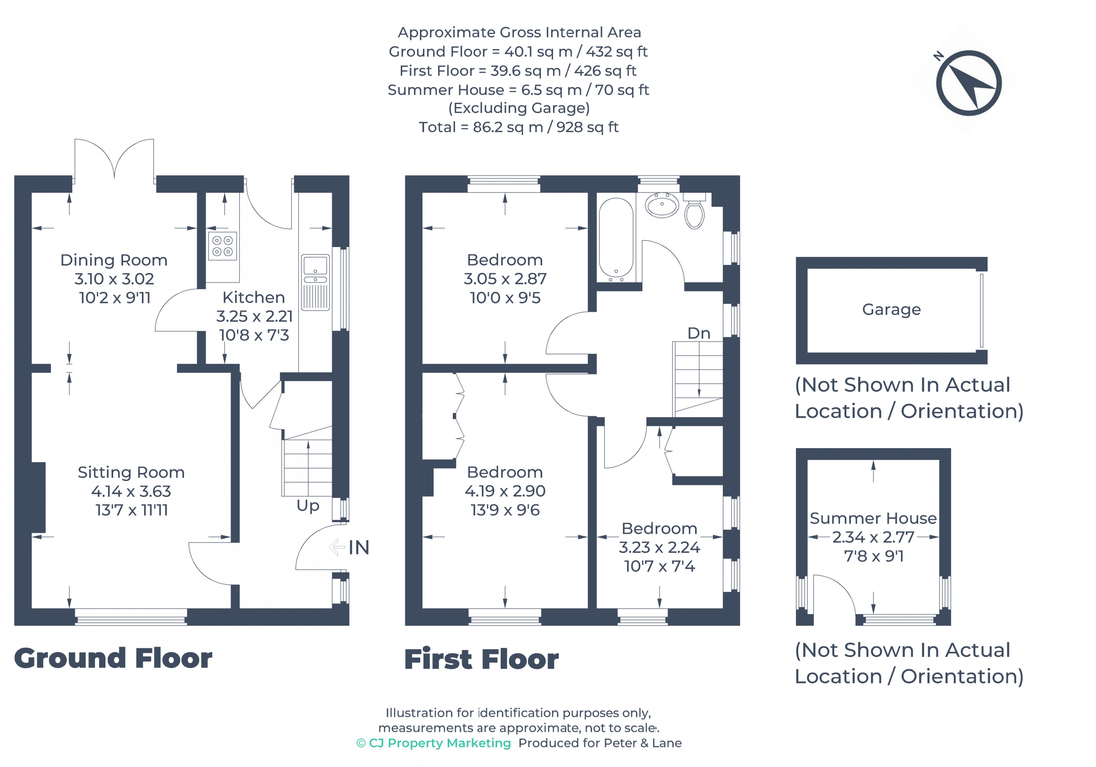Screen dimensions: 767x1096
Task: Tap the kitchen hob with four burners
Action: (222, 246)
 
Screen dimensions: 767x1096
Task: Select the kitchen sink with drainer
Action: (315, 283)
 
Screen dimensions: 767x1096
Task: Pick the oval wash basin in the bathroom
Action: (662, 205)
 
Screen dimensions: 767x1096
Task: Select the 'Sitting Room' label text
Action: (131, 472)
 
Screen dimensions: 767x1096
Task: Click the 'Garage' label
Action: (891, 309)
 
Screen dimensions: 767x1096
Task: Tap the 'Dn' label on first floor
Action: (698, 333)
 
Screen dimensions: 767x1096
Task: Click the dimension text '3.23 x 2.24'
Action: (659, 547)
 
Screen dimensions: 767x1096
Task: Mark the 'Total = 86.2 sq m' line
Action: (518, 127)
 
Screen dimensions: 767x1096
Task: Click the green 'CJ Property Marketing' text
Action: (433, 743)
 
